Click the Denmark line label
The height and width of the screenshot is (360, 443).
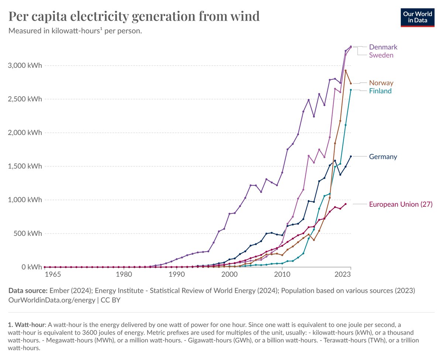pos(383,47)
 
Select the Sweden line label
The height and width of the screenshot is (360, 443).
pos(381,55)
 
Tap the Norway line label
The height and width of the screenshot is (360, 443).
pos(381,83)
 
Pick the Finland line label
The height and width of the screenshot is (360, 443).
pos(380,91)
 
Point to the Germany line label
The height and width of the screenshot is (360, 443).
pos(383,157)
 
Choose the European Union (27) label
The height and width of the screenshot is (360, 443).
pos(401,204)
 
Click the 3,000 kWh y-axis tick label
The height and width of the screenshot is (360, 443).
pos(25,66)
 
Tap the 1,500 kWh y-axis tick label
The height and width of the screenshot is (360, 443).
pos(25,166)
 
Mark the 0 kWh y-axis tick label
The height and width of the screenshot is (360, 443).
pos(31,267)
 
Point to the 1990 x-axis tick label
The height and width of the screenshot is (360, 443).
pos(176,274)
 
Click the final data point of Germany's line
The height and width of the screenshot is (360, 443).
pos(351,156)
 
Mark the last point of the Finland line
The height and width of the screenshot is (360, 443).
pos(351,90)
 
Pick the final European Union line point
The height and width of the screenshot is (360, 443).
pos(346,204)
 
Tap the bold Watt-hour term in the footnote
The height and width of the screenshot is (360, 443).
pos(29,325)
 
